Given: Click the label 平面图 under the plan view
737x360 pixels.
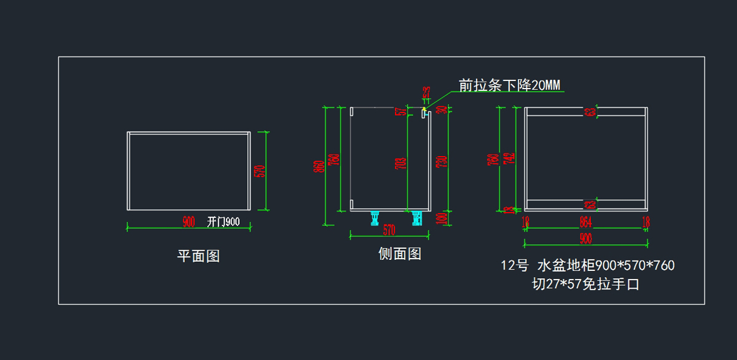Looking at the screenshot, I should pos(198,256).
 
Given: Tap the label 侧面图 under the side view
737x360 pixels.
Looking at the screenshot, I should pos(400,254).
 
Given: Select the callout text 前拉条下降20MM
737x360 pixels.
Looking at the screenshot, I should pos(510,85).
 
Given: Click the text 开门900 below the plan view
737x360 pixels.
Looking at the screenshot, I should pos(223,222).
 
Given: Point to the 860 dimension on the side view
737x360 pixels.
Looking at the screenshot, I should pos(319,166).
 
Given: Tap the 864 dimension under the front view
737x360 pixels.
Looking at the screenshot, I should pos(585,222).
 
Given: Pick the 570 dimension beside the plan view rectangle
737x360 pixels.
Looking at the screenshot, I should pos(259,171).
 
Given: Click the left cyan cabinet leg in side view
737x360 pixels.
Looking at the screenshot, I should pos(374,217).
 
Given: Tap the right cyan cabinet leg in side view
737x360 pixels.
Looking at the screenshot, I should pos(418,217).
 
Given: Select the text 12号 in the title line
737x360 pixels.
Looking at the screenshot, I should pos(515,266).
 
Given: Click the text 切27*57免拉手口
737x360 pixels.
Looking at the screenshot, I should pos(585,284).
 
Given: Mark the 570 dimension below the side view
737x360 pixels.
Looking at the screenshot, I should pos(389,230).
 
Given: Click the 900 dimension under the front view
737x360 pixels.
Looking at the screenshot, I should pos(585,238).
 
